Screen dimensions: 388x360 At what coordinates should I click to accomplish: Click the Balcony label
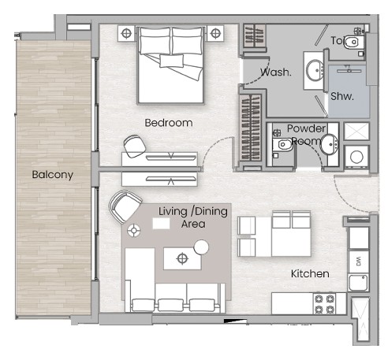coord(53,175)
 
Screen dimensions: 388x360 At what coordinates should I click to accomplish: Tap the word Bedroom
coord(169,123)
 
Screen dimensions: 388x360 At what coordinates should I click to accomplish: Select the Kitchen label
coord(310,274)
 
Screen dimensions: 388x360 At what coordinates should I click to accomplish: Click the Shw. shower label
coord(342,96)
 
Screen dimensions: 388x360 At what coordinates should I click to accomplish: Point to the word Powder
coord(306,128)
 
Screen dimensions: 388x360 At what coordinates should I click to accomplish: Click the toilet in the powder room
coord(282,145)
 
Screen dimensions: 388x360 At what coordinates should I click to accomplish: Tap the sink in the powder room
coord(329,144)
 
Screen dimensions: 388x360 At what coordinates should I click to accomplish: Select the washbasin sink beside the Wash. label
coord(315,70)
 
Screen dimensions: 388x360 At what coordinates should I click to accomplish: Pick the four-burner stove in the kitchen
coord(325,304)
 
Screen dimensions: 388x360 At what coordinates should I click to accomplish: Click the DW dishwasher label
coord(359,262)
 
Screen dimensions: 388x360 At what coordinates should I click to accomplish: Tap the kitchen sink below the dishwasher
coord(358,282)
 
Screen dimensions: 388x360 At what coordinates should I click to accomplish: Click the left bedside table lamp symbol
coord(126,33)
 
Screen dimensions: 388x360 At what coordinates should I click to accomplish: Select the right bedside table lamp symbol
coord(215,33)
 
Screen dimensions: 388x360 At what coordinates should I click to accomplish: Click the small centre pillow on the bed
coord(171,61)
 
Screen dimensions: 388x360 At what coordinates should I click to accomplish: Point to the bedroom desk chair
coord(134,147)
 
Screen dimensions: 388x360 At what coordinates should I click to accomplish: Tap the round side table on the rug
coord(201,247)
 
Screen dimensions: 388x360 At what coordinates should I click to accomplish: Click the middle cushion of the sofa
coord(170,305)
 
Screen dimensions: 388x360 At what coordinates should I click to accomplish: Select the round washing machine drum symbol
coord(356,157)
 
